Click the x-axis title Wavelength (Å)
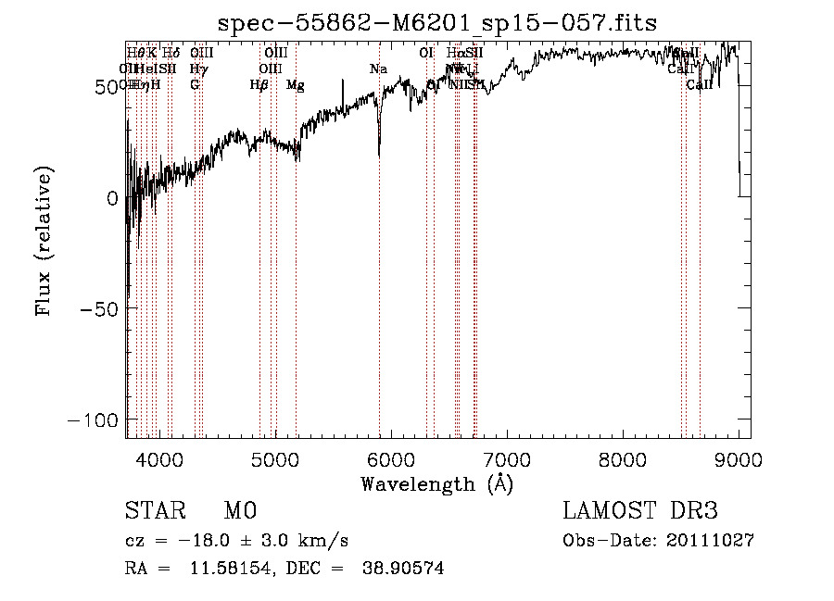[x=436, y=483]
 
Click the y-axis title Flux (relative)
[x=44, y=241]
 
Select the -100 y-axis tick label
[x=94, y=419]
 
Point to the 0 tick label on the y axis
[x=111, y=197]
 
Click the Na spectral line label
[x=378, y=69]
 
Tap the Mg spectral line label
[x=295, y=85]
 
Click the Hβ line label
[x=259, y=85]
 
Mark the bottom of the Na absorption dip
[x=379, y=156]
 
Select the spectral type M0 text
[x=239, y=512]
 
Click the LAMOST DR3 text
[x=639, y=512]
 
